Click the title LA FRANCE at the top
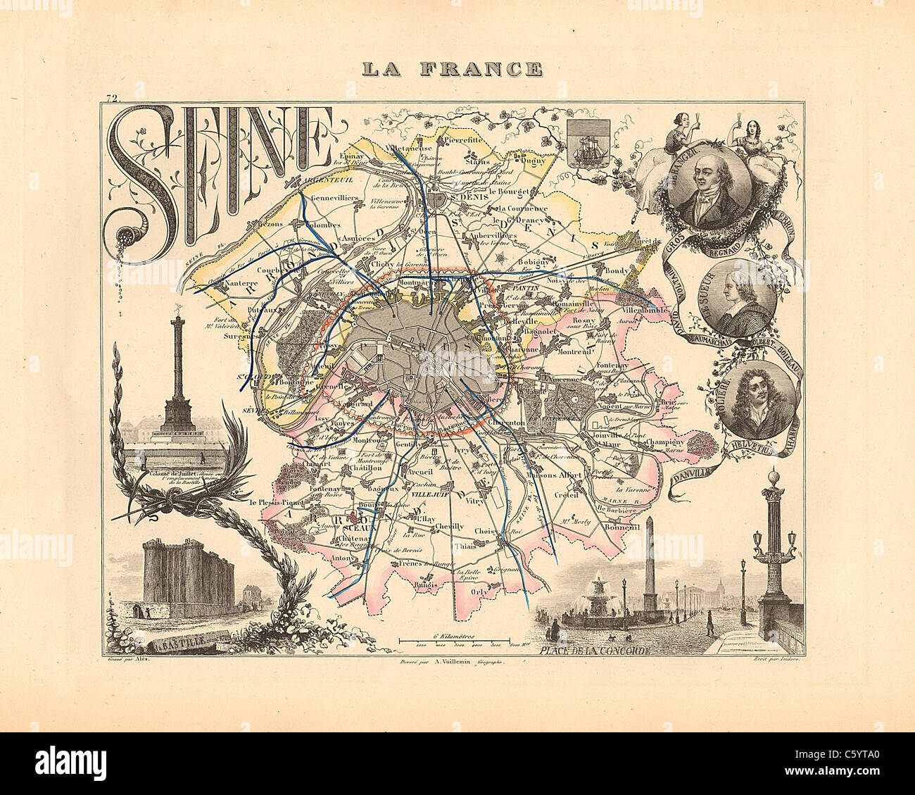tap(451, 69)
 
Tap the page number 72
tap(111, 99)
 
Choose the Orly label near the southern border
tap(477, 591)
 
